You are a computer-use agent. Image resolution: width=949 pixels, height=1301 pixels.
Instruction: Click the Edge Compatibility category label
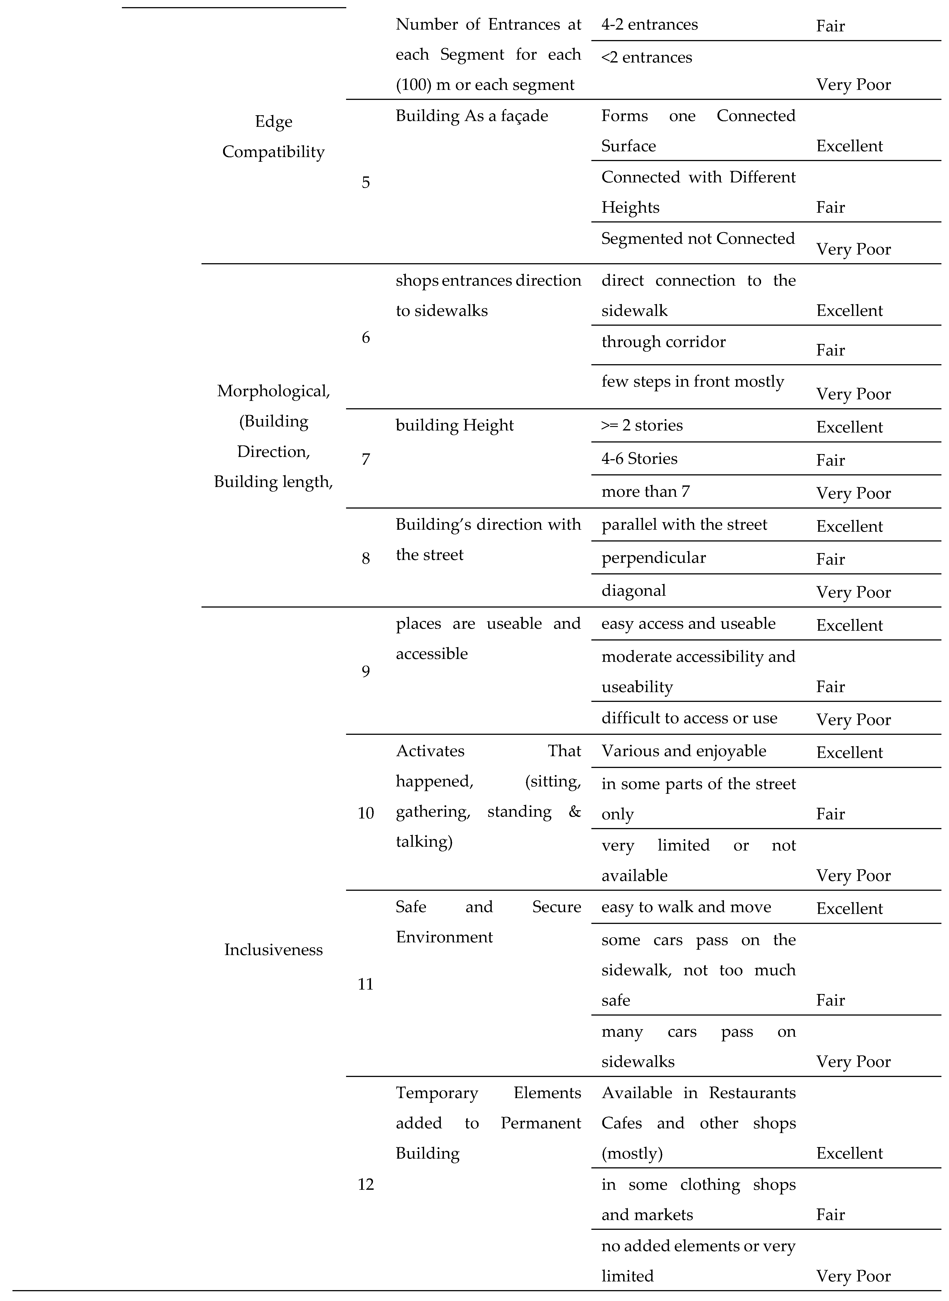[x=273, y=137]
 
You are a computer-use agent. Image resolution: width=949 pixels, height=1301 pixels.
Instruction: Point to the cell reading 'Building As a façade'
[x=472, y=116]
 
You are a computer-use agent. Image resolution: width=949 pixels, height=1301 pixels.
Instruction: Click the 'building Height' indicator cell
[x=454, y=425]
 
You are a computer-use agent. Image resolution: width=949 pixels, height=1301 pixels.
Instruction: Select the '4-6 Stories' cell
[x=639, y=459]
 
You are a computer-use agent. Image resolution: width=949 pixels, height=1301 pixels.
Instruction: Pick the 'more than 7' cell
[x=646, y=491]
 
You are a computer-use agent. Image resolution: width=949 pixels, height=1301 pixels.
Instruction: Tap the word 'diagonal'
[x=634, y=591]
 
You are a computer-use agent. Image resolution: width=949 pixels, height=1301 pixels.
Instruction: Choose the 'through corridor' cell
[x=663, y=342]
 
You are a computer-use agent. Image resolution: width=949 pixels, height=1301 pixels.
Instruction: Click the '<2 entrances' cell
[x=647, y=57]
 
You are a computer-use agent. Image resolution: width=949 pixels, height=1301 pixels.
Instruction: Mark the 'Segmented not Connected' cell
[x=698, y=238]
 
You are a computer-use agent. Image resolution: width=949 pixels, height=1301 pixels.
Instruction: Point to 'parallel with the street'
[x=684, y=525]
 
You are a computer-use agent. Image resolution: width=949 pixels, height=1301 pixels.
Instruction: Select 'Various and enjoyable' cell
[x=684, y=751]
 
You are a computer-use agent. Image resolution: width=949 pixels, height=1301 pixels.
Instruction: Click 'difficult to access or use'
[x=689, y=718]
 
